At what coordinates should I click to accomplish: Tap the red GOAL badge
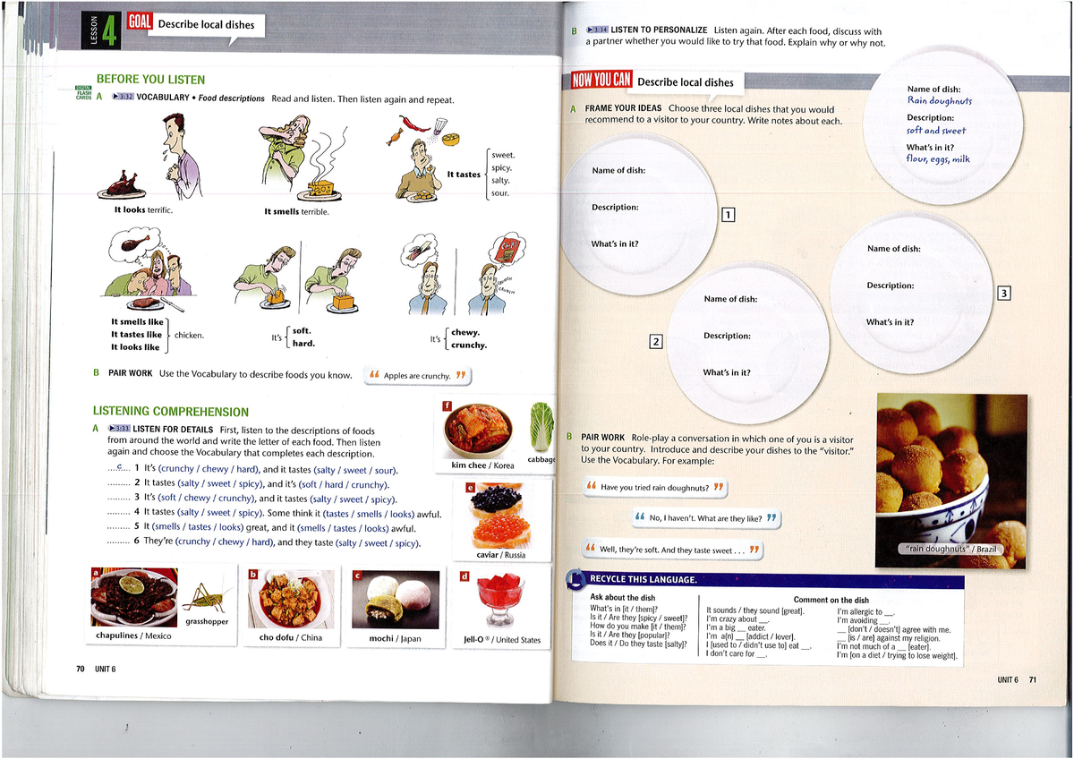[141, 22]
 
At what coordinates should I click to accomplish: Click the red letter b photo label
[253, 574]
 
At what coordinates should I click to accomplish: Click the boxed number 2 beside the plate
[656, 341]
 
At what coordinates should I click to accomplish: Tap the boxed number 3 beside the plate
[1004, 293]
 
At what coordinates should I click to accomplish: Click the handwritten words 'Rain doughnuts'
[939, 101]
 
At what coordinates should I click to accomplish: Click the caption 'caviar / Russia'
[501, 555]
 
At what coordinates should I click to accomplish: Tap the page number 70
[80, 669]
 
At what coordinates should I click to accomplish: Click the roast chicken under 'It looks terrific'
[123, 185]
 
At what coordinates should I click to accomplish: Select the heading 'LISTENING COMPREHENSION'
[171, 412]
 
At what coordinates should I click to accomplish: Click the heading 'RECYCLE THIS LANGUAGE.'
[643, 580]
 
